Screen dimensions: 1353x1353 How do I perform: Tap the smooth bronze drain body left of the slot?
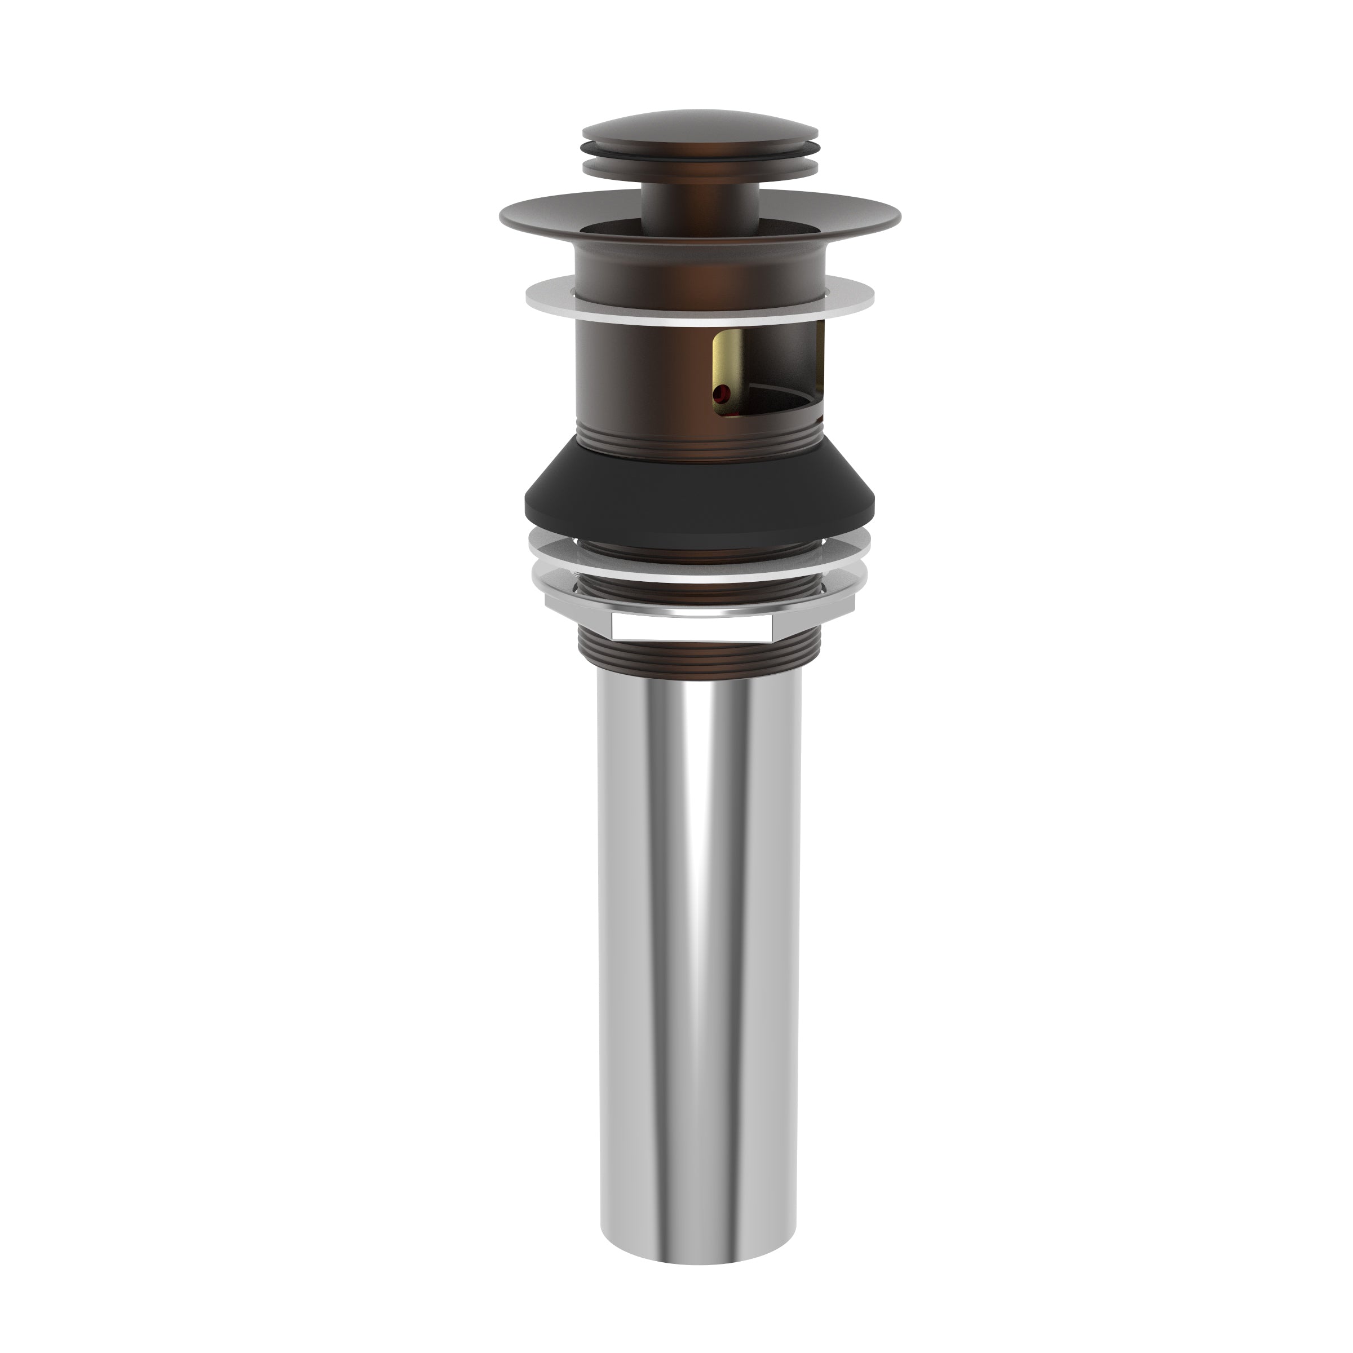[630, 378]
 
